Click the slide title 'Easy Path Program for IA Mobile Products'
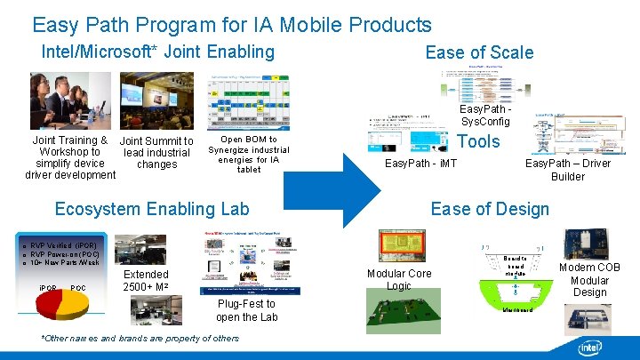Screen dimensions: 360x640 tap(231, 25)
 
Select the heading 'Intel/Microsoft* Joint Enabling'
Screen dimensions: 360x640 tap(158, 52)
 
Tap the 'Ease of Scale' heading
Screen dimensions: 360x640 tap(479, 52)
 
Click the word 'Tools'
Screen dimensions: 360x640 tap(478, 141)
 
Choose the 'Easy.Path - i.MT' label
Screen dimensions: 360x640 tap(420, 164)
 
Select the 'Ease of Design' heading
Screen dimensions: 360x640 tap(490, 209)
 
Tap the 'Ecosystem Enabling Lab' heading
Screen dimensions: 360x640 tap(152, 209)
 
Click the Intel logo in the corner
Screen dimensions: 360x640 tap(589, 348)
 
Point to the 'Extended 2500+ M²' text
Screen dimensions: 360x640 tap(145, 281)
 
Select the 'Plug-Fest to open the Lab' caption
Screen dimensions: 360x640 tap(246, 311)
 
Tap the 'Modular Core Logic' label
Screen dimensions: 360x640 tap(399, 280)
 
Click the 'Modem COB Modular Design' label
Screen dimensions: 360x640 tap(589, 280)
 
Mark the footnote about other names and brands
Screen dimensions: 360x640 tap(140, 339)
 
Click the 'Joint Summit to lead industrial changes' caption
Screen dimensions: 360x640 tap(156, 152)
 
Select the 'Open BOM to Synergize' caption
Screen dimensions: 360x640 tap(249, 154)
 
